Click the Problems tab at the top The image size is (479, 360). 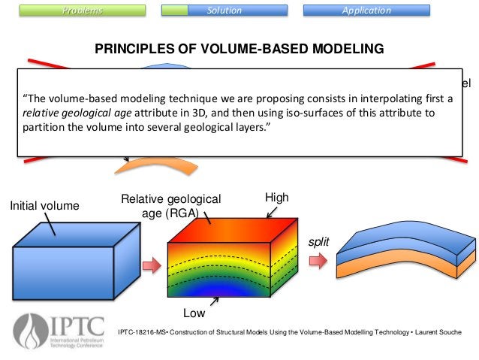(83, 11)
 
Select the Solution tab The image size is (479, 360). (224, 11)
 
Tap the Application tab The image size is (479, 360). (366, 11)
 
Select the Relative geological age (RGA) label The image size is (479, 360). (171, 205)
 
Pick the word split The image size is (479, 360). (318, 245)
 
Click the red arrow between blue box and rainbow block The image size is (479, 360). (152, 265)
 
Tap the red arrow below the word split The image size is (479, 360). (319, 261)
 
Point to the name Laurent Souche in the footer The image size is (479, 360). (435, 333)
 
